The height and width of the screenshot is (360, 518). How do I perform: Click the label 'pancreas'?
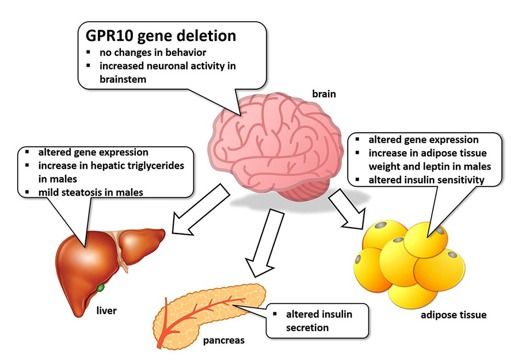(223, 340)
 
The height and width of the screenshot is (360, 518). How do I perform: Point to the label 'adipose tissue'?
(454, 315)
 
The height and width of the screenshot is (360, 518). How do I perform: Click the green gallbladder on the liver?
(101, 286)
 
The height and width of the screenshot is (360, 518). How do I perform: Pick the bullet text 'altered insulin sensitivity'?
(426, 181)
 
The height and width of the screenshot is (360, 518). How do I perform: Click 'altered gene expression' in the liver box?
(93, 152)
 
